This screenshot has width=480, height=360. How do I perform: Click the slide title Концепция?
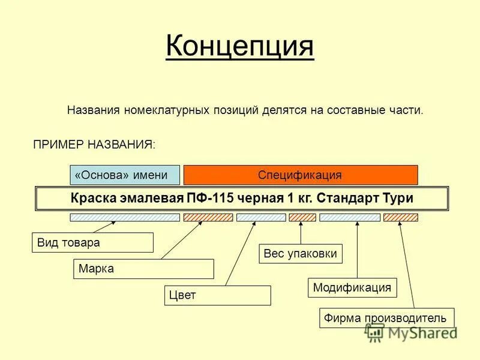(239, 46)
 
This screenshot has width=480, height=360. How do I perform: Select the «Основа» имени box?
(125, 175)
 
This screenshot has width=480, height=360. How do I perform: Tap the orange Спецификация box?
(300, 175)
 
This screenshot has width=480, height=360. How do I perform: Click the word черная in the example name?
(256, 198)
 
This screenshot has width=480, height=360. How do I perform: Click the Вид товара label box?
(92, 242)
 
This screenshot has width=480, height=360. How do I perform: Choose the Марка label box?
(143, 269)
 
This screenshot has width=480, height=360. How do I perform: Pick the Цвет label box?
(217, 295)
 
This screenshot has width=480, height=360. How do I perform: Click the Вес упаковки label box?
(301, 254)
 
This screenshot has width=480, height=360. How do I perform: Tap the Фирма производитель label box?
(386, 317)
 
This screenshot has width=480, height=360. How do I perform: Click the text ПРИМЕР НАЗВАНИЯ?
(94, 144)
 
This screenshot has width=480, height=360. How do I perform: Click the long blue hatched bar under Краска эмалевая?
(125, 217)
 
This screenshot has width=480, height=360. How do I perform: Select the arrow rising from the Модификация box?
(358, 252)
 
